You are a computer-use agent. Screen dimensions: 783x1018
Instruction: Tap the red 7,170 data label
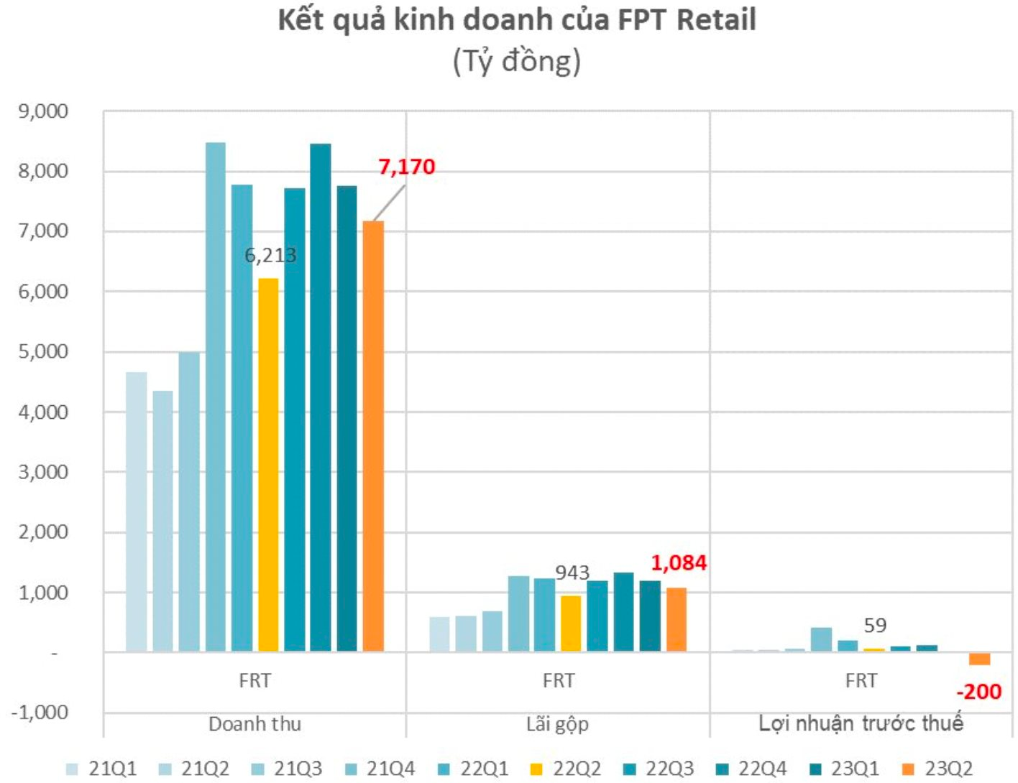tap(407, 167)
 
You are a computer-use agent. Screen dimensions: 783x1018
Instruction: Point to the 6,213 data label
tap(270, 255)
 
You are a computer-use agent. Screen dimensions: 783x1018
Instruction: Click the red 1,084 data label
tap(679, 562)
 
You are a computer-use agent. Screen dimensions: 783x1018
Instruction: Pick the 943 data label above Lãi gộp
tap(572, 573)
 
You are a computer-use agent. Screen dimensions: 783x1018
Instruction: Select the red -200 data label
tap(978, 691)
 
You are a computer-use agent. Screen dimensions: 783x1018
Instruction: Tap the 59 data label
tap(875, 626)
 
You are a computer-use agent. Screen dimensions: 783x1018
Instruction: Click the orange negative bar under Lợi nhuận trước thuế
tap(979, 659)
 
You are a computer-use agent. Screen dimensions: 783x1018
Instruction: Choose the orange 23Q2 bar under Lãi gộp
tap(677, 619)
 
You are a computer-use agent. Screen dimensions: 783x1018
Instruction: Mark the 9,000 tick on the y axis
tap(43, 111)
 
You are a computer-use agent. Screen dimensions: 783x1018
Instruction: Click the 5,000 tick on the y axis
tap(43, 351)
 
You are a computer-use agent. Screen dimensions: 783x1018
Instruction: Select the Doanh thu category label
tap(254, 723)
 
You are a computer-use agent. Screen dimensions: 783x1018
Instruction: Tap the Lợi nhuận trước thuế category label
tap(861, 723)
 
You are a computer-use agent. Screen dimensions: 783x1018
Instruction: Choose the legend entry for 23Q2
tap(937, 769)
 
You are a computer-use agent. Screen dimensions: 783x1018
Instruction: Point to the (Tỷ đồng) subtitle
tap(516, 61)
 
